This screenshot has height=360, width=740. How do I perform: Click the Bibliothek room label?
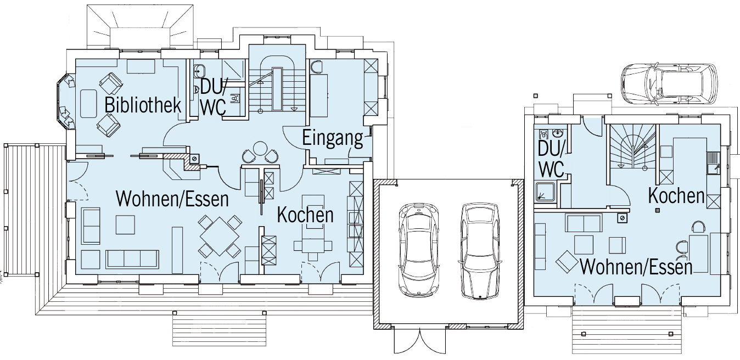tap(143, 105)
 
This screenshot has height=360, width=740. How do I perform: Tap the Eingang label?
tap(333, 139)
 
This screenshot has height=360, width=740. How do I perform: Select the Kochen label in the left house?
tap(305, 215)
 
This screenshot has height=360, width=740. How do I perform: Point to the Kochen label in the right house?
tap(676, 195)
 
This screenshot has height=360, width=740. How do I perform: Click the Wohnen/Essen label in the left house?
tap(172, 199)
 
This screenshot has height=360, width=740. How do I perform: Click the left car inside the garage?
tap(419, 249)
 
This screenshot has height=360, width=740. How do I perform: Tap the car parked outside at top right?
tap(669, 84)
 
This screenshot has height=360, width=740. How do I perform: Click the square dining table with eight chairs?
tap(220, 237)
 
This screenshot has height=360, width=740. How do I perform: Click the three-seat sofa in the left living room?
tap(132, 260)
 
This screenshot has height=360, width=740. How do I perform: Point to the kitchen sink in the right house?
tap(714, 167)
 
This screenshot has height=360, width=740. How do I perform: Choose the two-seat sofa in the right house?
tap(584, 223)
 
